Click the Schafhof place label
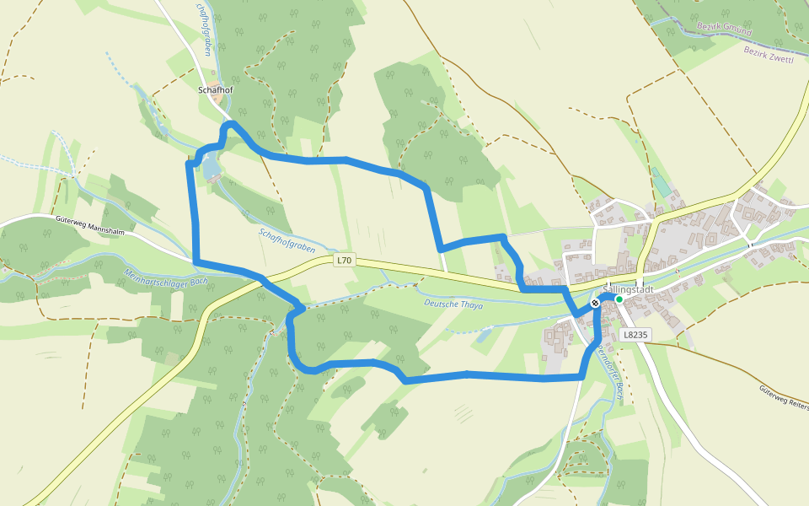tap(214, 89)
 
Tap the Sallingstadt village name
tap(629, 289)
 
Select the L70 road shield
tap(344, 261)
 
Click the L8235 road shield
tap(635, 335)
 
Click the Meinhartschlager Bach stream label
tap(165, 279)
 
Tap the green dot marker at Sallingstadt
tap(619, 299)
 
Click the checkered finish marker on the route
tap(596, 302)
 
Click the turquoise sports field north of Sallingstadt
tap(660, 182)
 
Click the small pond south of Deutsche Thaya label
tap(483, 336)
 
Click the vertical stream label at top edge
tap(203, 30)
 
